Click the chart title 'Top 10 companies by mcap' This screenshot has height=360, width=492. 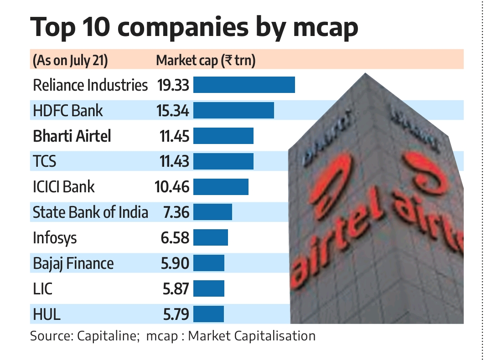click(x=194, y=27)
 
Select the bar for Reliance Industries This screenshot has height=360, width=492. click(x=244, y=85)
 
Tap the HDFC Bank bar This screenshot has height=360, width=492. click(x=233, y=111)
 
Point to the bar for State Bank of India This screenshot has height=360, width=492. click(x=212, y=212)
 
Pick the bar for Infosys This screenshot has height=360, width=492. click(x=210, y=238)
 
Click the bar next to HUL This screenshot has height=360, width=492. click(x=208, y=314)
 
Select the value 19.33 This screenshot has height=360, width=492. click(x=173, y=85)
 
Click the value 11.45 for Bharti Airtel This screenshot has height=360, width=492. click(x=173, y=136)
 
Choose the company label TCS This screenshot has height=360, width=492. click(x=45, y=162)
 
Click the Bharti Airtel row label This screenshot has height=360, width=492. click(x=72, y=136)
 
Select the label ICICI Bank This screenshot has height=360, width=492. click(x=64, y=187)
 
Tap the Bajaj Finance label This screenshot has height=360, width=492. click(x=73, y=263)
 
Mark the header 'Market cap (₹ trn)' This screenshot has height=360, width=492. click(x=206, y=61)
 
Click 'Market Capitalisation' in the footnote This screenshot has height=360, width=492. click(x=252, y=336)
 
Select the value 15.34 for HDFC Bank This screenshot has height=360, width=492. click(x=173, y=111)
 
